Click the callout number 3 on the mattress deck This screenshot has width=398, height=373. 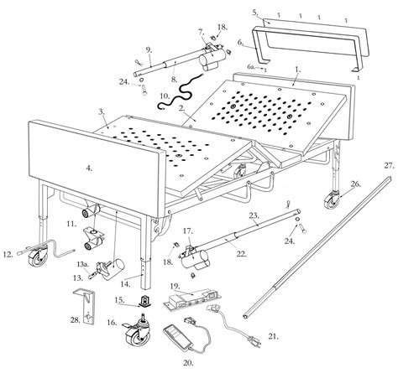(102, 111)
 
